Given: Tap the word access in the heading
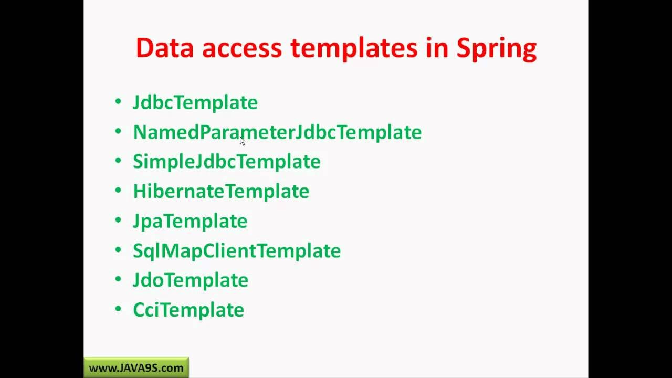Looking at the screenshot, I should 242,48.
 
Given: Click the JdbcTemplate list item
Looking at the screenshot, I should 195,102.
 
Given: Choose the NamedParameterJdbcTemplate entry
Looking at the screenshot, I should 277,132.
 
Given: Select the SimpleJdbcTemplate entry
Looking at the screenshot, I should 227,162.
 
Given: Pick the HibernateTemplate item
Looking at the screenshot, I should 221,191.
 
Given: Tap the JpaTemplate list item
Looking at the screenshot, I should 190,221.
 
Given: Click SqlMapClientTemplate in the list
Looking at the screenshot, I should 237,250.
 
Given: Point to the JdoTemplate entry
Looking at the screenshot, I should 191,280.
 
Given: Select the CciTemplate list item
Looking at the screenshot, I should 188,310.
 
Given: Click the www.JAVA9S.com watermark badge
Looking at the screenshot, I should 136,368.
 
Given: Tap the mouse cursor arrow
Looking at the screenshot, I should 243,141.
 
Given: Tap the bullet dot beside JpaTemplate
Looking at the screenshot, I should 118,219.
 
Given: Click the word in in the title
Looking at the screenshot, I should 437,48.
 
